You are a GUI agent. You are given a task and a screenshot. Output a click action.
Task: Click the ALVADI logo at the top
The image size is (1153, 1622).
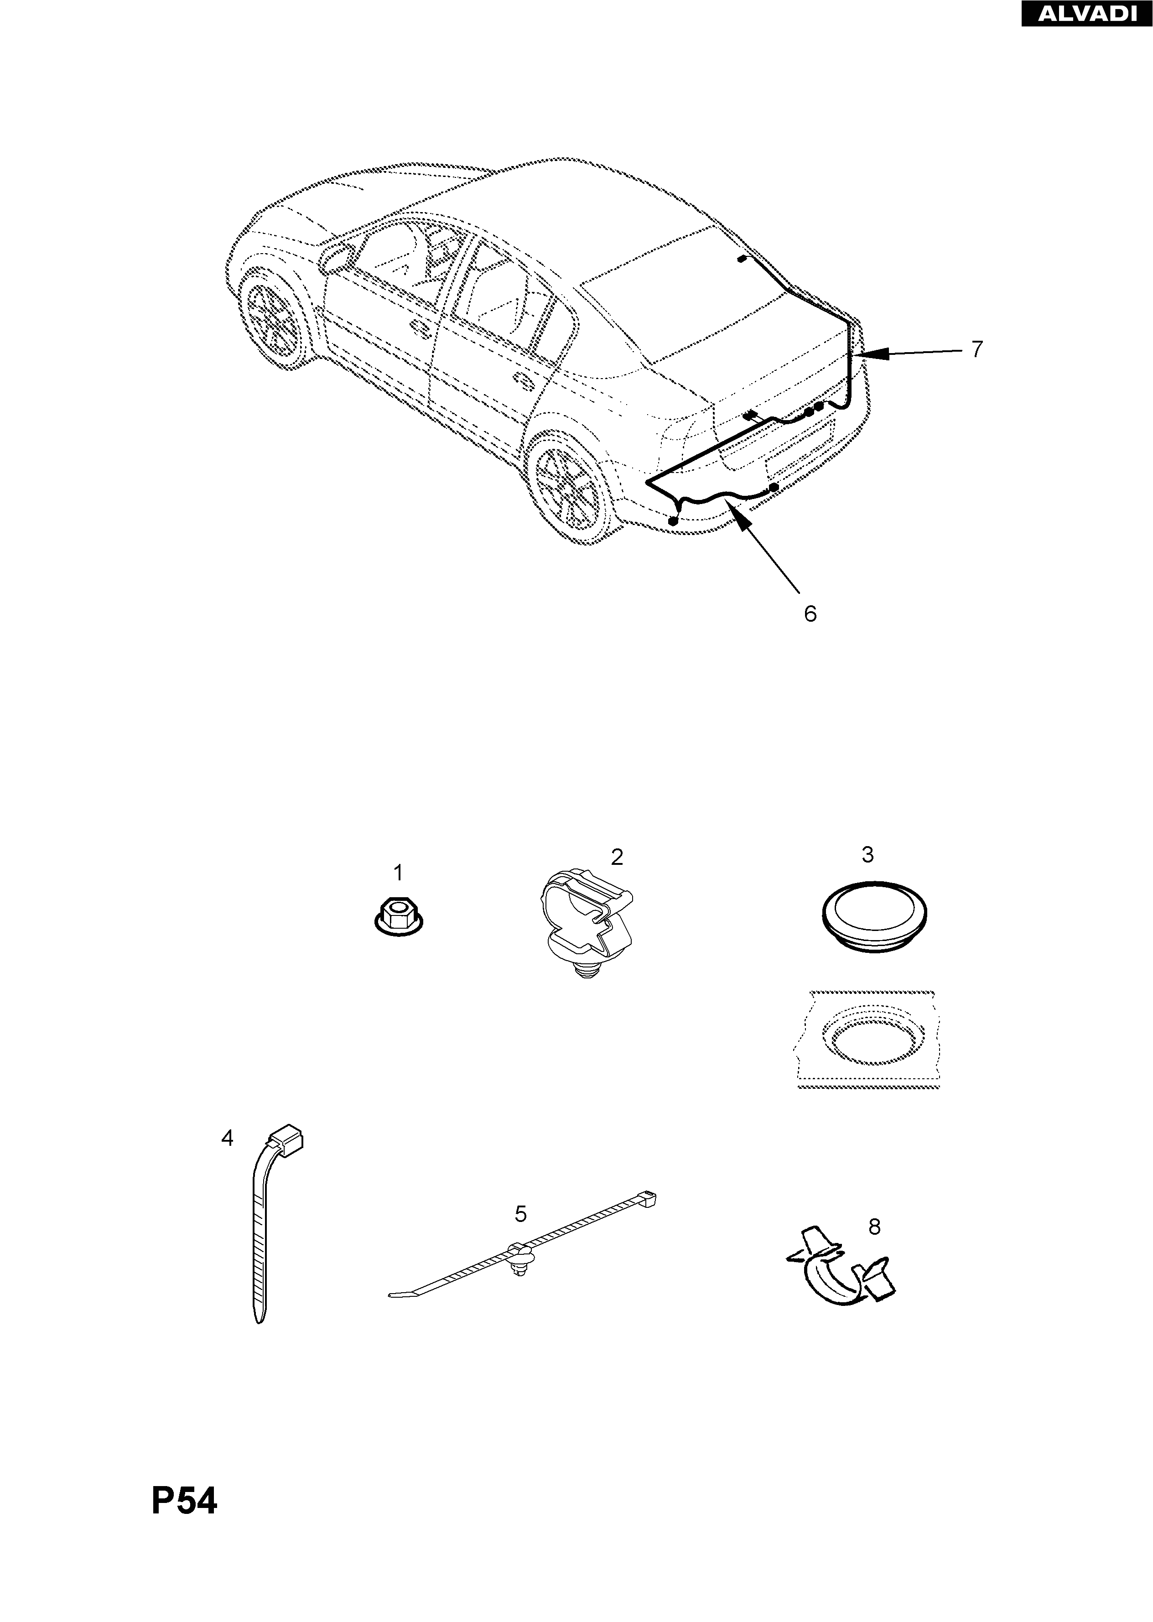click(x=1086, y=14)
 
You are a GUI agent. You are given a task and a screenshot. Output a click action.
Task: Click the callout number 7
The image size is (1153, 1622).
click(x=977, y=349)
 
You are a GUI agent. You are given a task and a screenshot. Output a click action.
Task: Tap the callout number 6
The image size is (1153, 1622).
click(x=810, y=614)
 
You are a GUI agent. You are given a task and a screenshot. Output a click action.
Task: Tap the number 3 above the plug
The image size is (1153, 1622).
click(x=867, y=855)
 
